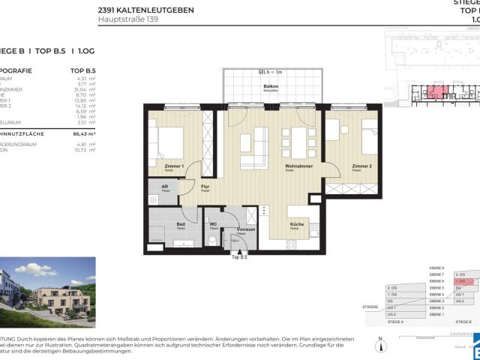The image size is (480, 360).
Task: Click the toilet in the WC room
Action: [213, 239]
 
